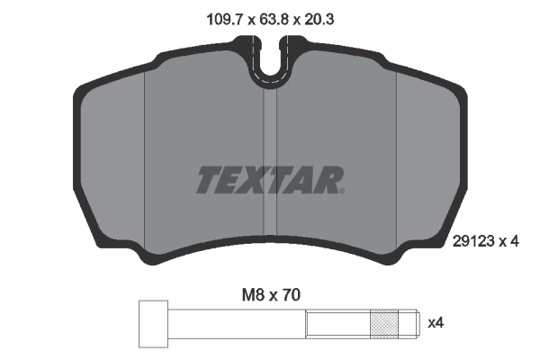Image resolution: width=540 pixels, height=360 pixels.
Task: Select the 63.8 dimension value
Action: tap(269, 15)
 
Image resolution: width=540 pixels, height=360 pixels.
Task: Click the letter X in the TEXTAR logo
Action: tap(255, 180)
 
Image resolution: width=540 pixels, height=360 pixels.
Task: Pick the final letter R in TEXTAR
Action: tap(324, 180)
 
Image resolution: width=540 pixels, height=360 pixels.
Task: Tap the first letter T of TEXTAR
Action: tap(208, 180)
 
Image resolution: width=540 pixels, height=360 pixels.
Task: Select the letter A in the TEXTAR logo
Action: tap(301, 180)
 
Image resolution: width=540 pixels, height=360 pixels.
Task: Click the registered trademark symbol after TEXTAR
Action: tap(341, 191)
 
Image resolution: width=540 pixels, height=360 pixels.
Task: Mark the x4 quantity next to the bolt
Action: tap(436, 322)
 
